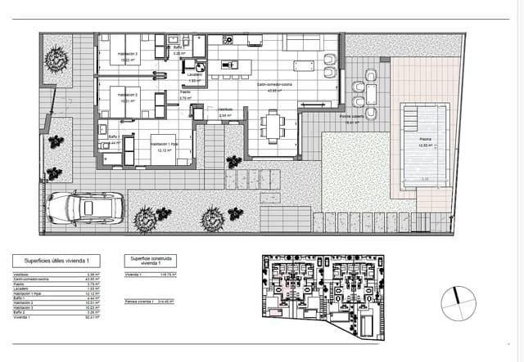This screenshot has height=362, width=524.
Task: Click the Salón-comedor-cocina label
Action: (x=273, y=84)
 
